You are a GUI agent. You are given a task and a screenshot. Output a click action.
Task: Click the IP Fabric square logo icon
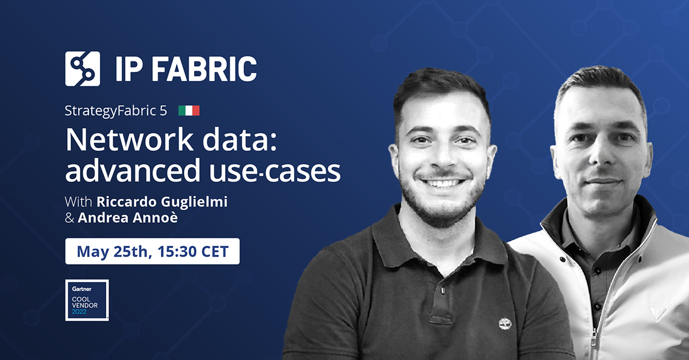[x=82, y=68]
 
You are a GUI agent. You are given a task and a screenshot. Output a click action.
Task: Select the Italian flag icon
[x=188, y=111]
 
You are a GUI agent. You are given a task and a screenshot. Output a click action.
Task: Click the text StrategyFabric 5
[x=116, y=111]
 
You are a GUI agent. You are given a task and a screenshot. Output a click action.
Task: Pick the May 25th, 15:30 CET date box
[x=152, y=251]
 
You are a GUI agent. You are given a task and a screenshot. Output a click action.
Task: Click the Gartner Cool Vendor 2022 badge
[x=87, y=300]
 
